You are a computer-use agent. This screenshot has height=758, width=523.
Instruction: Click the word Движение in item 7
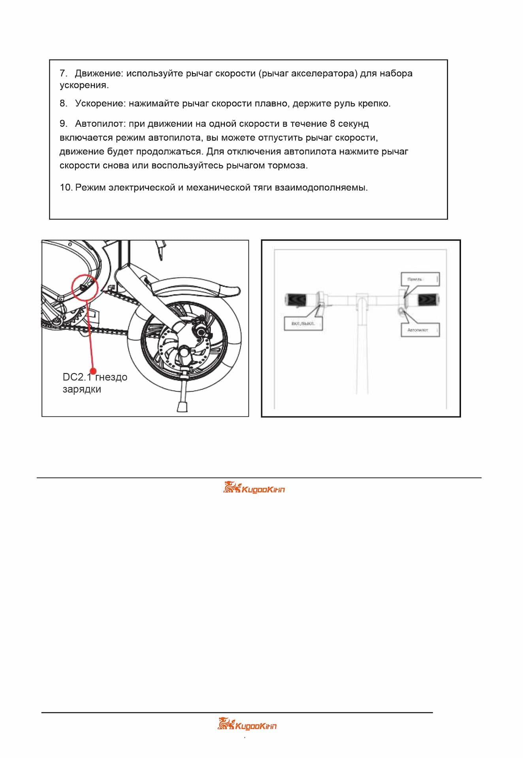98,73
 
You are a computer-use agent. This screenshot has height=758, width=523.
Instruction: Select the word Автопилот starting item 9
100,124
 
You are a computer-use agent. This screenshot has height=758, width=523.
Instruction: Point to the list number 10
66,188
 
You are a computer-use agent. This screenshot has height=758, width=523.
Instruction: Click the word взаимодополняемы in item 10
321,188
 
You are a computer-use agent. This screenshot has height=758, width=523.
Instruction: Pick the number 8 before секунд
333,124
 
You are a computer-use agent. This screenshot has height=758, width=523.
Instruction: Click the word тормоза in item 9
287,165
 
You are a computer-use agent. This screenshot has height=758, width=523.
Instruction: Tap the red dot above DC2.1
93,371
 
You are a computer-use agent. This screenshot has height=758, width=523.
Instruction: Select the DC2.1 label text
77,377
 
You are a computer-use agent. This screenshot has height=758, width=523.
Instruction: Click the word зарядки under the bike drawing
82,389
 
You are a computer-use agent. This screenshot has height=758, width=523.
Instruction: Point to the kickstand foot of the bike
182,406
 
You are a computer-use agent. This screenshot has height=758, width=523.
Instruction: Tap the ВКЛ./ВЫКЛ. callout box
303,324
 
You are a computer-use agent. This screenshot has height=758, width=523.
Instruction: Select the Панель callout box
420,279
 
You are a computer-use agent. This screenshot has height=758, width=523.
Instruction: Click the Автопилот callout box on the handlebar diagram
420,330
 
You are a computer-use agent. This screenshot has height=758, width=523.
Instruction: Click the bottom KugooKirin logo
247,724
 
